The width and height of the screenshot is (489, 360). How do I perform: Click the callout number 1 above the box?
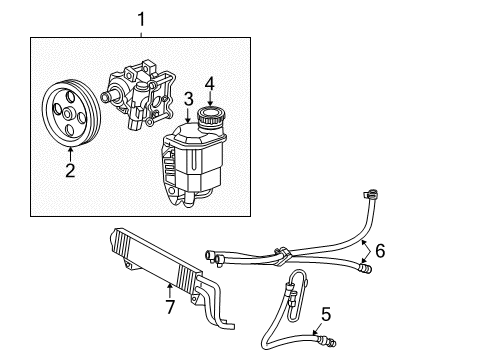[141, 17]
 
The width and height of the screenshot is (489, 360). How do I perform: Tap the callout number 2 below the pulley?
[70, 171]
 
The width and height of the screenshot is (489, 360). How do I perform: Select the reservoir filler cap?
[211, 119]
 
